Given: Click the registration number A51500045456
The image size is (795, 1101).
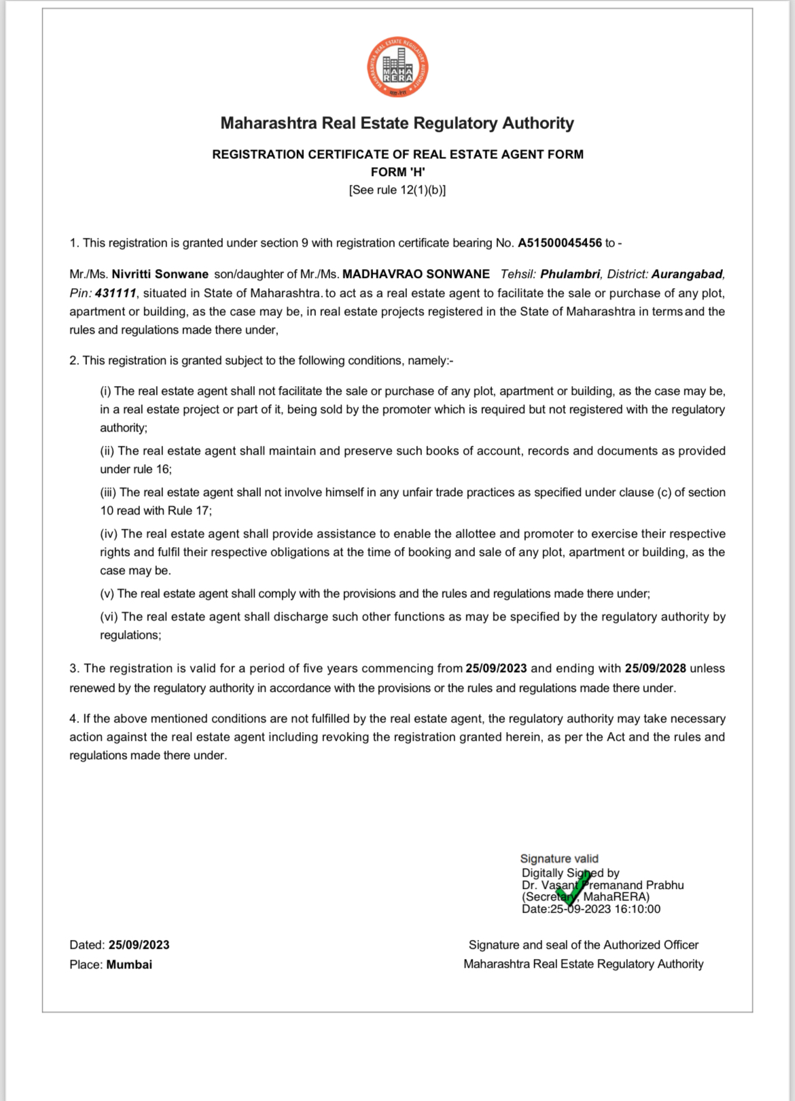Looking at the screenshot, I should pos(560,243).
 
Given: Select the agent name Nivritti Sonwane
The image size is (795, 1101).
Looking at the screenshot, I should pos(160,274).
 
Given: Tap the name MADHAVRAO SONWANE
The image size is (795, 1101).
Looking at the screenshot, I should pos(416,274).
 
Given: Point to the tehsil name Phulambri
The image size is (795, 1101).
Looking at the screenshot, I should pos(570,274).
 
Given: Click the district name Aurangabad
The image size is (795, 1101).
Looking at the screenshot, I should pos(687,274).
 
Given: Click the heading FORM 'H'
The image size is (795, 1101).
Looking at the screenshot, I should pos(397,172).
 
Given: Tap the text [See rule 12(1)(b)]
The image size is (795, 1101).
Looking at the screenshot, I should pos(397,190).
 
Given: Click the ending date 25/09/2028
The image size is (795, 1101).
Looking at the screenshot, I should pos(655,668).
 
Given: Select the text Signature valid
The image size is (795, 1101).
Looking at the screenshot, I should pos(559,858).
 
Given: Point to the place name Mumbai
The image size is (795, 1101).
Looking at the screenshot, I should pos(129,964).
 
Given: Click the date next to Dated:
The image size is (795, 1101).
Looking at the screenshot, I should pos(139,945).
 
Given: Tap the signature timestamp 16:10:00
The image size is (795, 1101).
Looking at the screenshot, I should pos(637,909).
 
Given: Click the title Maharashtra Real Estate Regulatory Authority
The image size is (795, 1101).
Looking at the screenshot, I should pos(397,123).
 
